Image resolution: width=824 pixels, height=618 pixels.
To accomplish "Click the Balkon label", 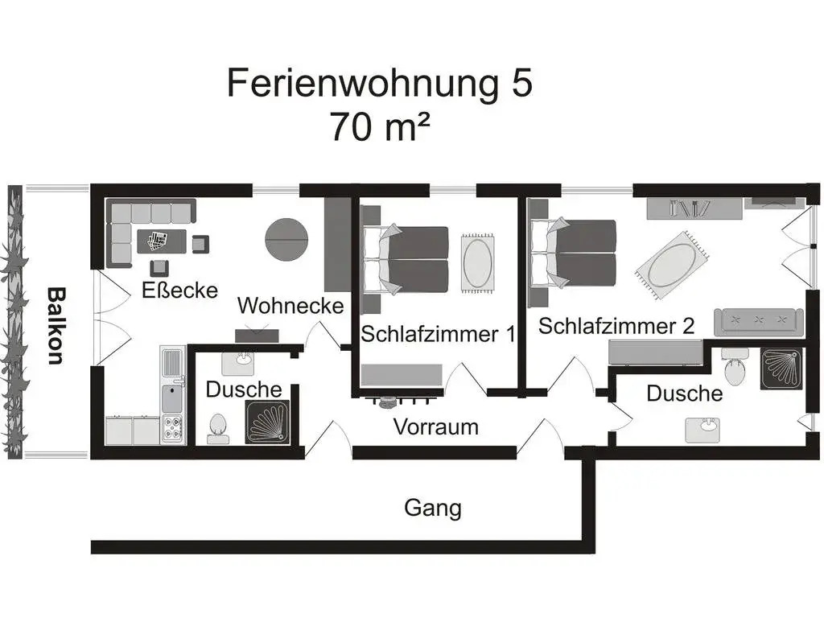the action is coord(56,326).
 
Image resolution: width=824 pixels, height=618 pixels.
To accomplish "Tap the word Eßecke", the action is coord(179,290).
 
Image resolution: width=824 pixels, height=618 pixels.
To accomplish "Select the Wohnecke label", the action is coord(290,305).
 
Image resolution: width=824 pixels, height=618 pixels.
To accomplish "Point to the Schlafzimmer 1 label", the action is coord(438,334).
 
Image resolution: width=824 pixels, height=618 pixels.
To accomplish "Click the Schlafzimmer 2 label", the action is coord(616,326).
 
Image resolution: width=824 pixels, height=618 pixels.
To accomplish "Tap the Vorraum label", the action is coord(435,426).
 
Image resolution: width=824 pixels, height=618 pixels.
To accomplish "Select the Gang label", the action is coord(433,509).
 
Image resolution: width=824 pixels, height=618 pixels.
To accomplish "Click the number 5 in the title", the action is coord(521,83).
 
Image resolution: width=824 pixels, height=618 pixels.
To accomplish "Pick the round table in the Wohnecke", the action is coord(286,240).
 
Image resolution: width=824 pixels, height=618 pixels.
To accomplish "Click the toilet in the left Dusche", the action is coord(217,428).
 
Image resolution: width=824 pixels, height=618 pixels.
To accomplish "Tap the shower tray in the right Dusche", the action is coord(781,369).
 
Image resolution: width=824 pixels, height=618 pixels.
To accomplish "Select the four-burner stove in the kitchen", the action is coord(172,429).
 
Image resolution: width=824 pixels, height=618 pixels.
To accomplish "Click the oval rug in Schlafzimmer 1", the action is coord(478,263).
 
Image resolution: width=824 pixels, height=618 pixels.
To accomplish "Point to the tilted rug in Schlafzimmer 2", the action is coord(672,265).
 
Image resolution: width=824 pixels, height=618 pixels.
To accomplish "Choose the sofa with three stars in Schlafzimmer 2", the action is coord(758,322).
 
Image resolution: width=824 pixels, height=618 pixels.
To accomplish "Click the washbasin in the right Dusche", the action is coord(702,430).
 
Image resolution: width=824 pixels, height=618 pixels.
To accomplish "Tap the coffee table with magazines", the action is coord(162,241).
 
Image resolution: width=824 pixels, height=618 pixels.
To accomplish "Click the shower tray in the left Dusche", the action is coord(267,422).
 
